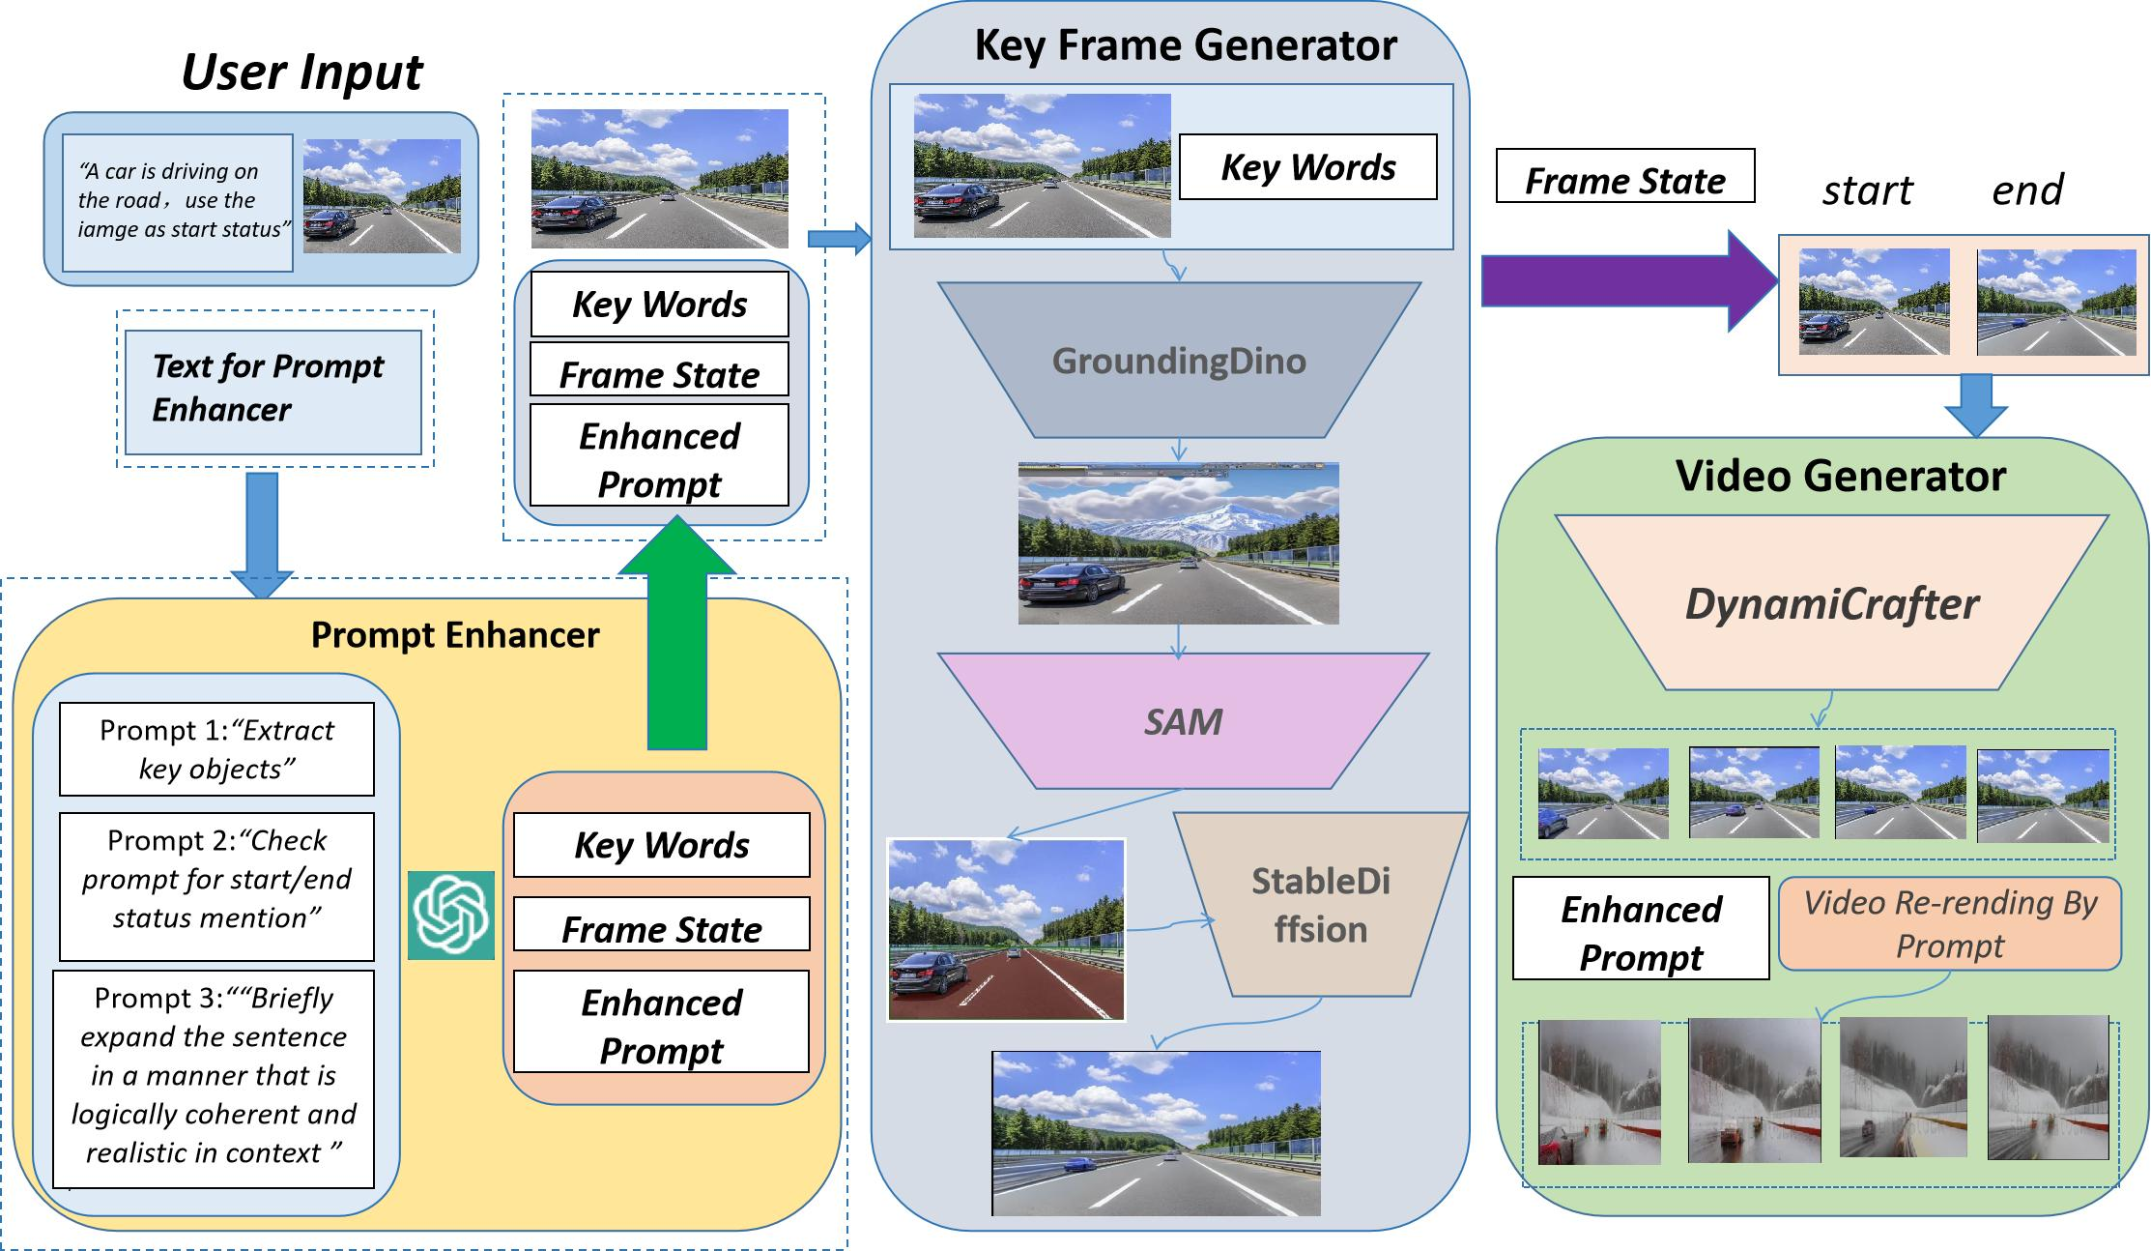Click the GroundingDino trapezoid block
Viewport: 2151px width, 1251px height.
pyautogui.click(x=1179, y=361)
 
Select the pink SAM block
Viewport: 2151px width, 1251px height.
pyautogui.click(x=1183, y=721)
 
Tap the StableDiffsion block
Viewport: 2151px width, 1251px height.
pyautogui.click(x=1321, y=905)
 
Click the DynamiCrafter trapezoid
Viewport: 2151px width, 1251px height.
pyautogui.click(x=1831, y=603)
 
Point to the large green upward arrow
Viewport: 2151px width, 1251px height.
pyautogui.click(x=676, y=638)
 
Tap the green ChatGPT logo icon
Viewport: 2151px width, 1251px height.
pyautogui.click(x=451, y=915)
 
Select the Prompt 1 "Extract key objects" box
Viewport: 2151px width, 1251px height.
pyautogui.click(x=216, y=749)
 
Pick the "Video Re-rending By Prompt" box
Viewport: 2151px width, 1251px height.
pyautogui.click(x=1949, y=923)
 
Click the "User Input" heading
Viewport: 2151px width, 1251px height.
pyautogui.click(x=301, y=73)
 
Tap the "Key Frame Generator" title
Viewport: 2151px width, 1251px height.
pyautogui.click(x=1185, y=45)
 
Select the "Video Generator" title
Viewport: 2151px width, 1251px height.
pyautogui.click(x=1840, y=476)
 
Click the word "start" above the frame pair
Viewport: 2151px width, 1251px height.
pyautogui.click(x=1867, y=190)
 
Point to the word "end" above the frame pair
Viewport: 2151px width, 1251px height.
pyautogui.click(x=2026, y=189)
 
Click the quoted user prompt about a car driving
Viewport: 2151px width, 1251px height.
pyautogui.click(x=178, y=201)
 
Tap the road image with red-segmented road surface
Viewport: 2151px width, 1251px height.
pyautogui.click(x=1006, y=929)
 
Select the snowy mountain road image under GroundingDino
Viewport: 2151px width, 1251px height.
pyautogui.click(x=1178, y=543)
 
